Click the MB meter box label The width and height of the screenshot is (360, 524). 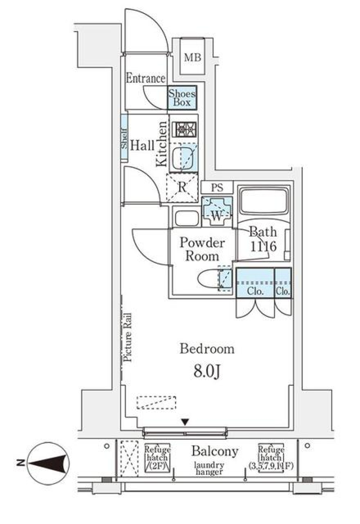[x=192, y=57]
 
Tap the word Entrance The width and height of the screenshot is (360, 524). [x=145, y=78]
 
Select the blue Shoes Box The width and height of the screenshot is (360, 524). [x=182, y=98]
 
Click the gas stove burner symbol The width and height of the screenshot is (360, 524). [x=184, y=129]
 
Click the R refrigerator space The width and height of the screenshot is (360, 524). [x=182, y=188]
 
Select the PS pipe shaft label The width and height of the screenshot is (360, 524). [x=217, y=187]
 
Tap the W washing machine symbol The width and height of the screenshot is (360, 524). [x=217, y=212]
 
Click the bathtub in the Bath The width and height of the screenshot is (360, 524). [x=264, y=201]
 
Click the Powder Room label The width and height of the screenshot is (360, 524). [x=202, y=249]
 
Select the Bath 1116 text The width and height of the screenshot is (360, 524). [x=263, y=239]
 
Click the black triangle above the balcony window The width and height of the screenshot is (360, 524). [x=184, y=422]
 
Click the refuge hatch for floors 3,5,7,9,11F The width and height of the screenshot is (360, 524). [x=271, y=457]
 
